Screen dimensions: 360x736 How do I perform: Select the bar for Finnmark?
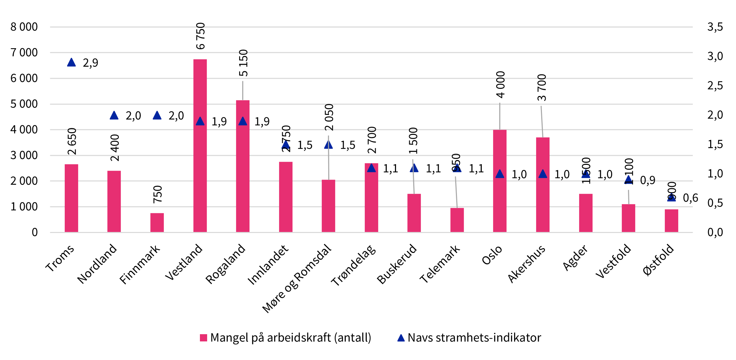157,223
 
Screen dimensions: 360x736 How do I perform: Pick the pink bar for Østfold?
671,221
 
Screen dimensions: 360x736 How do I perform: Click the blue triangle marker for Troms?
71,63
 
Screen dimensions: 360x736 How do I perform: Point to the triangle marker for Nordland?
114,116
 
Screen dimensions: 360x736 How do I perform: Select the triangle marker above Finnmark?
157,116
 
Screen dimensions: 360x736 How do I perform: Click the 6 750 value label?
200,36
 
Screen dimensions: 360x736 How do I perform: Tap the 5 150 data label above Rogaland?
243,63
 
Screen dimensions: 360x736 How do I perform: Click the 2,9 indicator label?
90,63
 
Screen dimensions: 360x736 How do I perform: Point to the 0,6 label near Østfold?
690,198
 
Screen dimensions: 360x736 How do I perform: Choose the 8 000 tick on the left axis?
24,27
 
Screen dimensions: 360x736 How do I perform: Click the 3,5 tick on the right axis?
715,27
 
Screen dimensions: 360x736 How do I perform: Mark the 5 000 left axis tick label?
24,104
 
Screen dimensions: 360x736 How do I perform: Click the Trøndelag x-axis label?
353,265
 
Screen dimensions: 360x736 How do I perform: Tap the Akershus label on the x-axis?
527,264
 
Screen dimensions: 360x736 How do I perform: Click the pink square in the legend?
203,338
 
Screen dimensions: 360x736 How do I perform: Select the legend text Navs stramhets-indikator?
474,338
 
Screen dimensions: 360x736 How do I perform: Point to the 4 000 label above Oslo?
501,84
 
